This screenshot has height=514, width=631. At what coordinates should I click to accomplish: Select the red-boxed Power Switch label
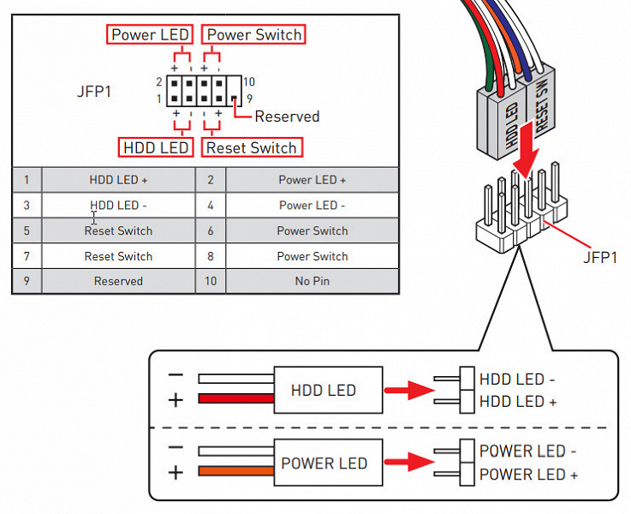(254, 35)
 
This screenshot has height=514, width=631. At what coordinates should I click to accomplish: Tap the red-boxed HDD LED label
(156, 147)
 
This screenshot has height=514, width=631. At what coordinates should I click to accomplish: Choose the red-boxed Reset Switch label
(251, 147)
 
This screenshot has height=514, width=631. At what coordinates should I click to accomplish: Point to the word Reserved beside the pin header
(287, 117)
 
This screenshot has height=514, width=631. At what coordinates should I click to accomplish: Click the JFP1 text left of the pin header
(94, 90)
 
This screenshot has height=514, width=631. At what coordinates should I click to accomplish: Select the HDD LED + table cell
(118, 180)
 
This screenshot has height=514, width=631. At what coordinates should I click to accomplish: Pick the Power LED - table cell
(312, 206)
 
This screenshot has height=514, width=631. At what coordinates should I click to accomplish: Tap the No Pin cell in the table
(312, 281)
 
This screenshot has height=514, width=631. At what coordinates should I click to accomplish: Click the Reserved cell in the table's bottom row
(118, 281)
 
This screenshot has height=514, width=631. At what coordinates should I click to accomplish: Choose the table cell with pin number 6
(211, 230)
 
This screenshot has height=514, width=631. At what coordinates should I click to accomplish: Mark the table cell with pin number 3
(27, 206)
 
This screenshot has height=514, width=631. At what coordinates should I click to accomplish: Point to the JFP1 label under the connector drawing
(598, 256)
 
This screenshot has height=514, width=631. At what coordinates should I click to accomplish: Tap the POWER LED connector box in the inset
(324, 463)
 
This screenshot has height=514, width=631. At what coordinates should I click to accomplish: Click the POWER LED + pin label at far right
(527, 475)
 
